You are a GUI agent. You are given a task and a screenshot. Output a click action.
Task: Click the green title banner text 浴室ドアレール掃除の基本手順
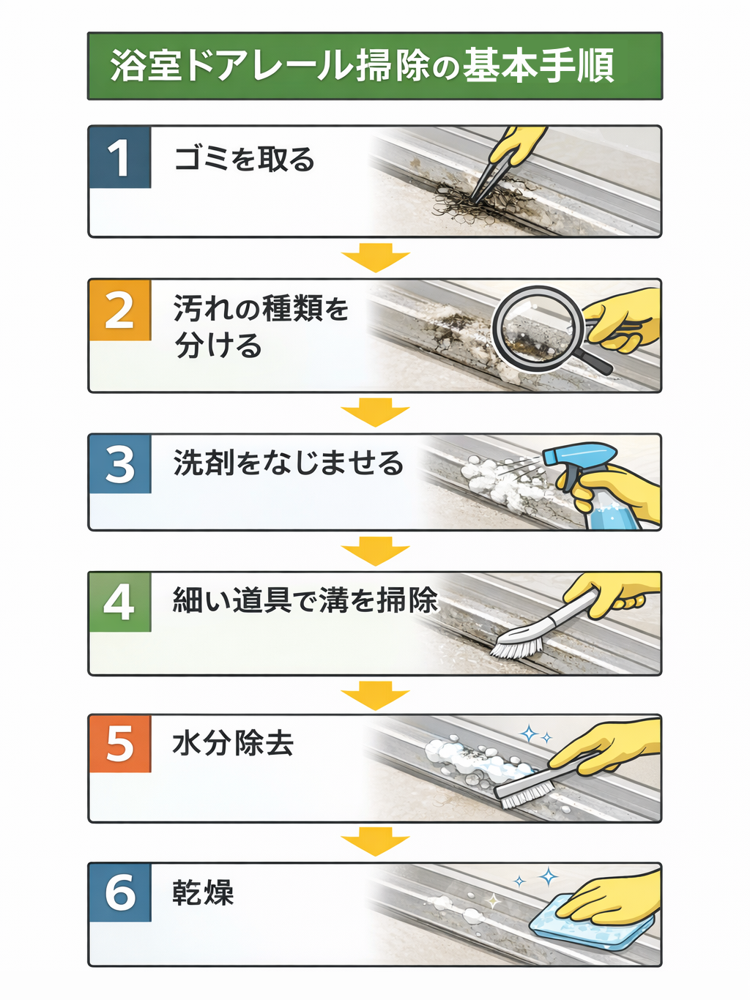pos(363,66)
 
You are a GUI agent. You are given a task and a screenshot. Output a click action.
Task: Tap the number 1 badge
pos(120,157)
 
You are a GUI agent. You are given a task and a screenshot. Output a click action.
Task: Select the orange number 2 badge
pos(120,310)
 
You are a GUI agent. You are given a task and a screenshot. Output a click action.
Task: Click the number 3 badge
pos(120,464)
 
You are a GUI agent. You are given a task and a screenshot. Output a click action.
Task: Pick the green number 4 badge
pos(120,602)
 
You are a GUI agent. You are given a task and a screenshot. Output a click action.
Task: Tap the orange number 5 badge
pos(120,744)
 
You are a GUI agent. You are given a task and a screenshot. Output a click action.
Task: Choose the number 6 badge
pos(120,892)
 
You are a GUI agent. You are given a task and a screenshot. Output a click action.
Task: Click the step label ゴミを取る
pos(245,159)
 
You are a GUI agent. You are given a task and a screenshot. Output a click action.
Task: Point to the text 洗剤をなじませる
pos(289,463)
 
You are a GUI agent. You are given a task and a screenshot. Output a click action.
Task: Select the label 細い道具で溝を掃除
pos(305,600)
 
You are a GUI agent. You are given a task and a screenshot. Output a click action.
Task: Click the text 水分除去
pos(233,744)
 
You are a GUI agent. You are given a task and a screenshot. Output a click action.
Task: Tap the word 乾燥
pos(203,893)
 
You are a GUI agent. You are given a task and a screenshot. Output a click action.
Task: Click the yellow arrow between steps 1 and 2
pos(375,258)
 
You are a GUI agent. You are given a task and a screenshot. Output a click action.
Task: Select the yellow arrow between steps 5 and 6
pos(375,843)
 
